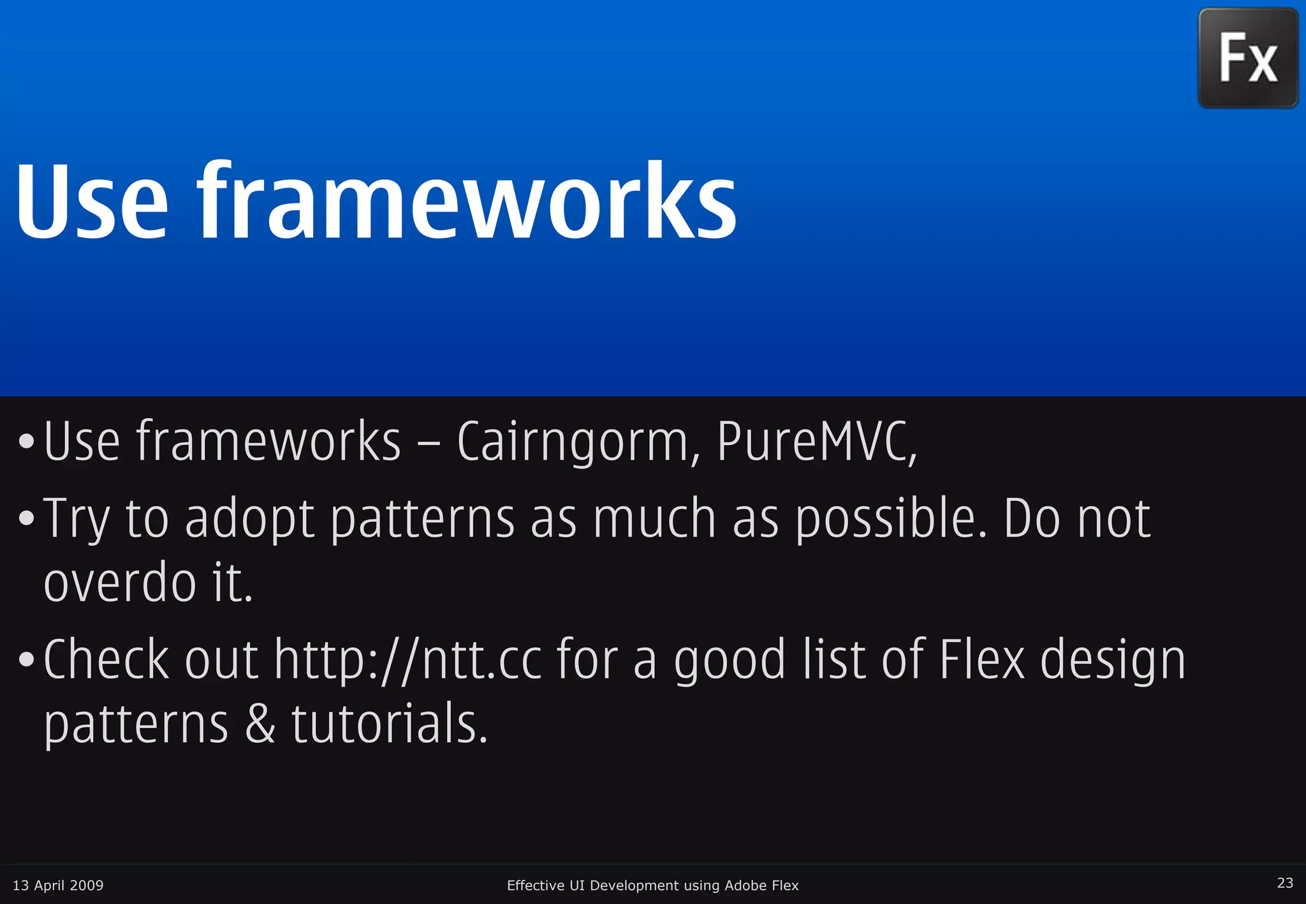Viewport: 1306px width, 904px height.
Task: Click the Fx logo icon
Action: point(1247,58)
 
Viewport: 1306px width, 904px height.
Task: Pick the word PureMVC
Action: point(816,441)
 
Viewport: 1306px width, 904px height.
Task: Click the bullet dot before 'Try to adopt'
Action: point(26,518)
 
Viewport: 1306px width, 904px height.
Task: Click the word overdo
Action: point(120,583)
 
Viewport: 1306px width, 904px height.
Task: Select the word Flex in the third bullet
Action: point(981,659)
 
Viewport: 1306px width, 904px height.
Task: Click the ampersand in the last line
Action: point(260,724)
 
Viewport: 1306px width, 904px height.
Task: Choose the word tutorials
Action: point(389,724)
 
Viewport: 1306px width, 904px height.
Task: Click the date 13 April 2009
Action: point(58,886)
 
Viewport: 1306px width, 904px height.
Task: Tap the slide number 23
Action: point(1285,883)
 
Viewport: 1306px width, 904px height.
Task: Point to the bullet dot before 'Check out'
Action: point(26,660)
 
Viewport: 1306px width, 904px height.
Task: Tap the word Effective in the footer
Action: point(535,886)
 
